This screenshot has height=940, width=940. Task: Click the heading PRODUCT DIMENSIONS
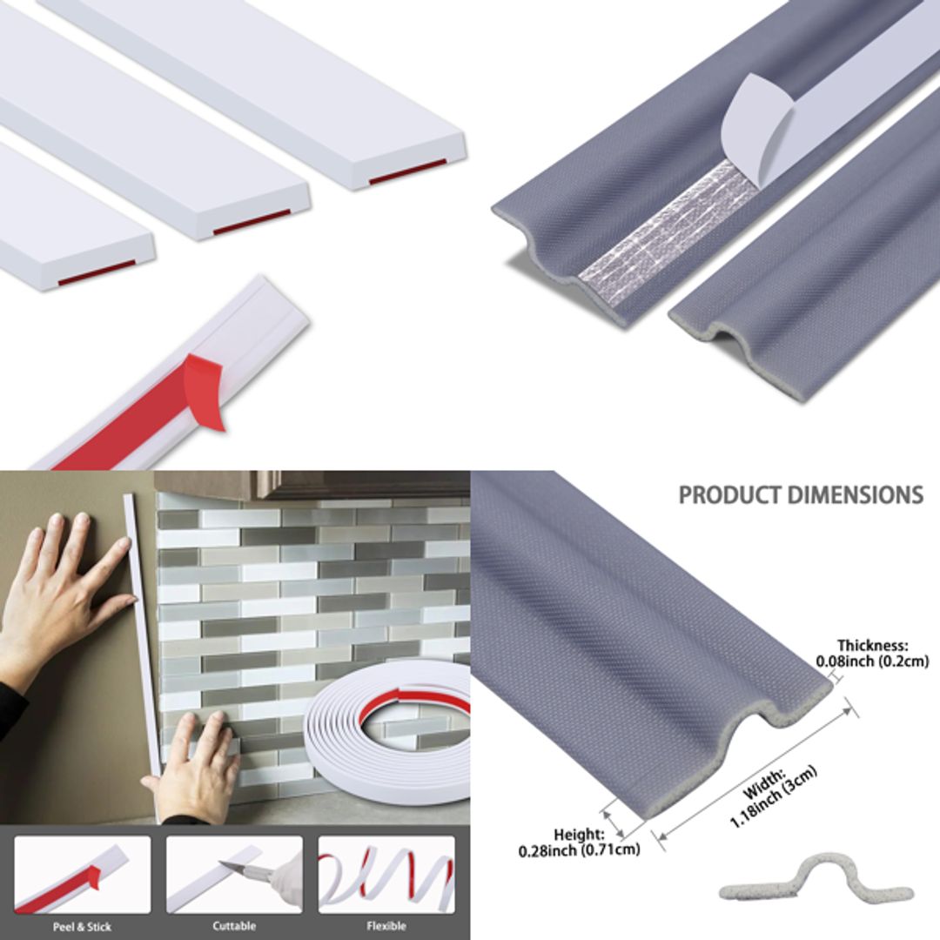pyautogui.click(x=800, y=495)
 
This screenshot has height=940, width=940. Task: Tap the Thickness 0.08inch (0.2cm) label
pyautogui.click(x=872, y=654)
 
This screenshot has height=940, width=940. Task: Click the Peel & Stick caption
pyautogui.click(x=82, y=926)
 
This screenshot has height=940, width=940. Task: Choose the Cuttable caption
pyautogui.click(x=233, y=926)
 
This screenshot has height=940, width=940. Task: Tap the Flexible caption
pyautogui.click(x=386, y=926)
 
